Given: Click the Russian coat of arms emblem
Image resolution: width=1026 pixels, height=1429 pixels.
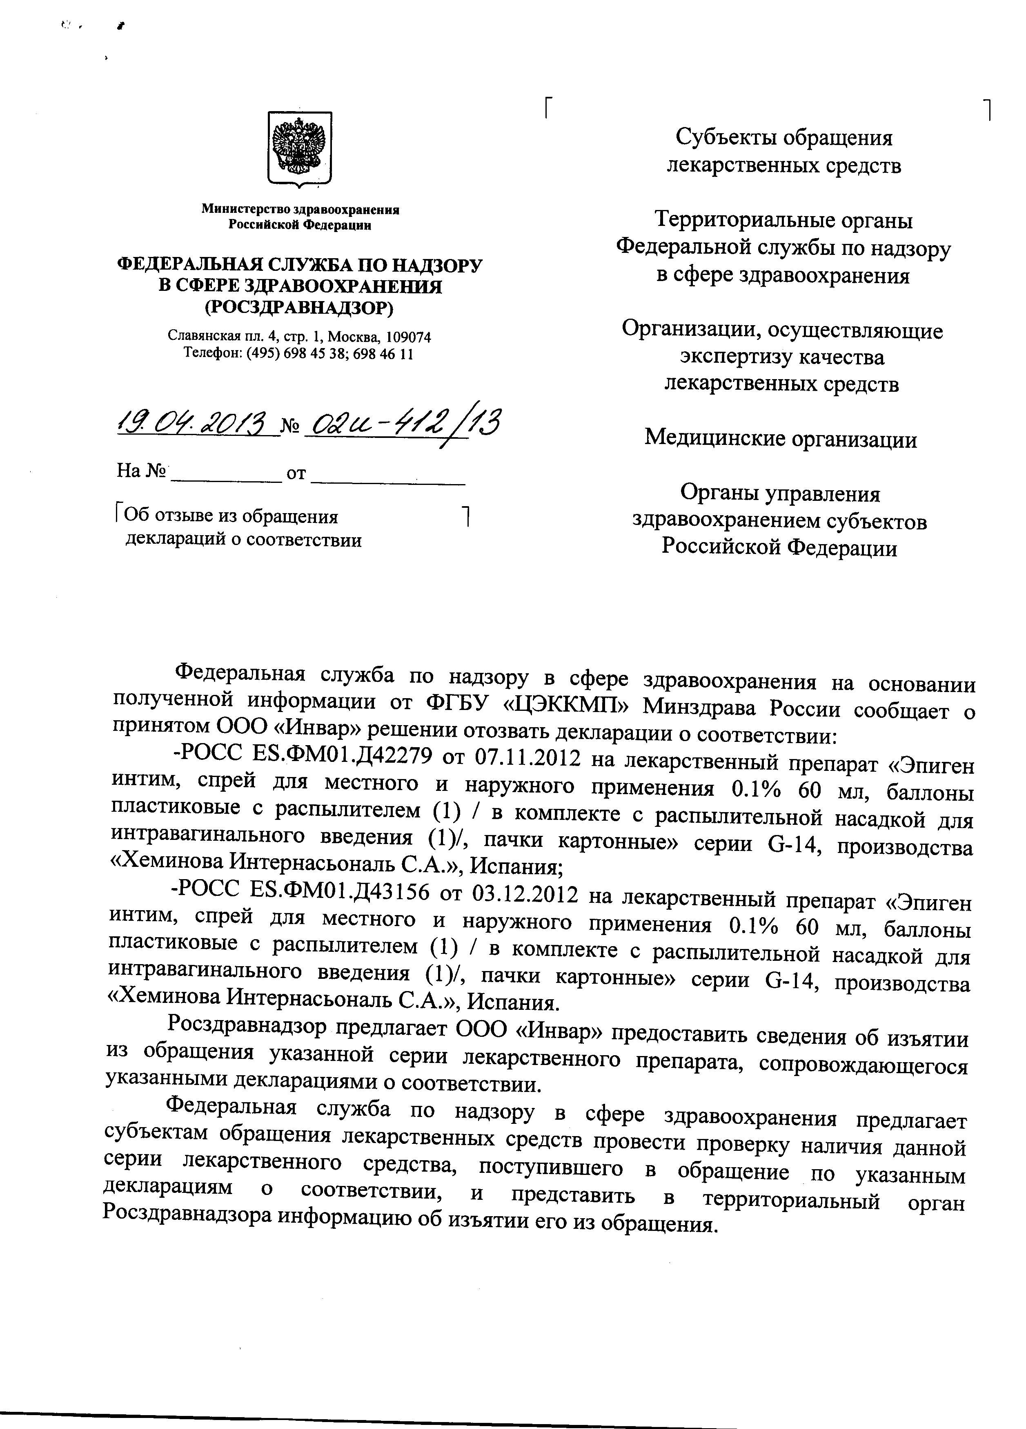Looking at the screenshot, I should click(x=300, y=149).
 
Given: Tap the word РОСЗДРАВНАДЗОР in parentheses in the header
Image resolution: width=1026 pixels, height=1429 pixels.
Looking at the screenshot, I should click(x=299, y=308).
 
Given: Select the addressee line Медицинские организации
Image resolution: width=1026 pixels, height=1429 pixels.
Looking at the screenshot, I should click(x=780, y=438).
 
